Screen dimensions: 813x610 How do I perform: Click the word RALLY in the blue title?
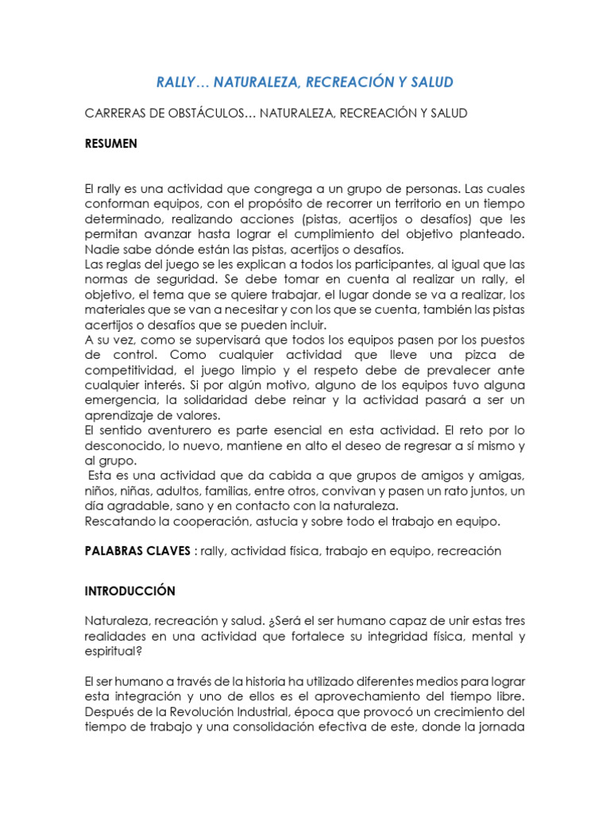point(176,83)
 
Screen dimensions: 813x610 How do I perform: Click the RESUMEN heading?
point(110,144)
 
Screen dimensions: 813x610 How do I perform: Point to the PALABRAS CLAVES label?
point(137,551)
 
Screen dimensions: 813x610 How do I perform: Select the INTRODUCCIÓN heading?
point(129,591)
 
